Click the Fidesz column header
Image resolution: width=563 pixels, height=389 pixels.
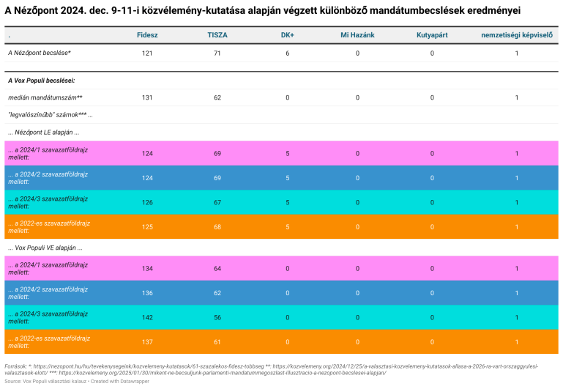(x=147, y=35)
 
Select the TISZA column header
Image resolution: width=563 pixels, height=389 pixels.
(x=217, y=35)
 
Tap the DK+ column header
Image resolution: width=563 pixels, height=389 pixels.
(x=288, y=35)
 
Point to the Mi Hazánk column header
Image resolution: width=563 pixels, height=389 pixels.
(x=357, y=35)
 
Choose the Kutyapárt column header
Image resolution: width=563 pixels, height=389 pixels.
(x=432, y=35)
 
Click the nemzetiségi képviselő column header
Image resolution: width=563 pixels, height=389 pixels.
(x=517, y=35)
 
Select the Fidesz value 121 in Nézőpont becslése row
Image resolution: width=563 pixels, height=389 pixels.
(x=147, y=53)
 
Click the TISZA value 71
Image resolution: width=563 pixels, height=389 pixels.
(x=217, y=53)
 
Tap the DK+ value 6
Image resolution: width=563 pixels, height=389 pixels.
(x=288, y=53)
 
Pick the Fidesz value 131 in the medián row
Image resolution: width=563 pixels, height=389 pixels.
(x=147, y=97)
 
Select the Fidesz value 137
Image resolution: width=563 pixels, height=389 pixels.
(x=147, y=341)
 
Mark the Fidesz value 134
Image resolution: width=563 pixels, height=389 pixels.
(x=147, y=268)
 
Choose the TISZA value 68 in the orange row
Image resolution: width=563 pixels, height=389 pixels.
(x=217, y=227)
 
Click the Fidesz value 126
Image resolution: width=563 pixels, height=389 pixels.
(x=147, y=202)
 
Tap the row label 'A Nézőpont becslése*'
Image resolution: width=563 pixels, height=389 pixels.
(x=40, y=53)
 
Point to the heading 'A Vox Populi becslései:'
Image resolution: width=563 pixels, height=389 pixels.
(x=41, y=80)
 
